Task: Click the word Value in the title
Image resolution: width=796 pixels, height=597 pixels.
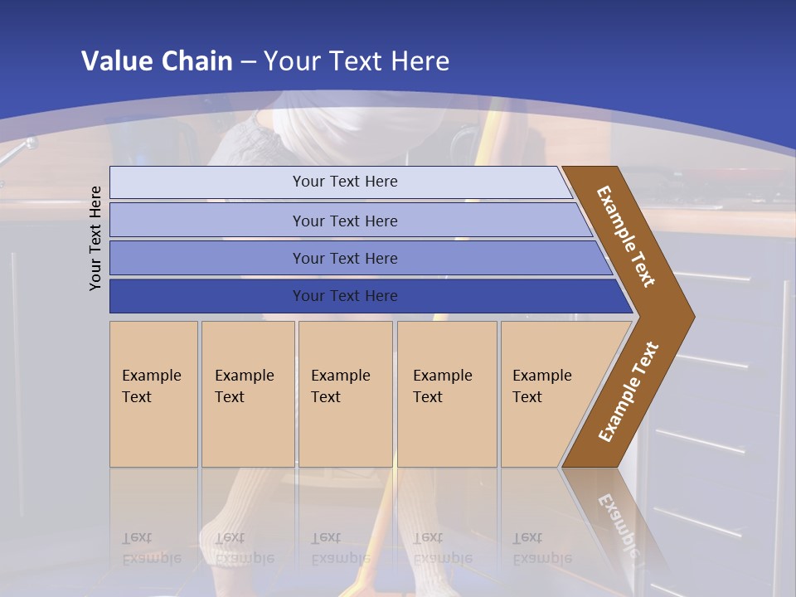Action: [115, 61]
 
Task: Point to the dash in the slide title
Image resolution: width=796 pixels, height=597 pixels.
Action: [248, 61]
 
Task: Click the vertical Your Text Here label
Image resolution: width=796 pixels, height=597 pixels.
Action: [95, 238]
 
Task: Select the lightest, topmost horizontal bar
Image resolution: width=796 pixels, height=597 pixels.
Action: [340, 182]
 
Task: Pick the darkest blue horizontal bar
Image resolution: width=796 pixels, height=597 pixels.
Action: [365, 296]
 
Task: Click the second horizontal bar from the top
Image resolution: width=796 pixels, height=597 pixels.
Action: [348, 221]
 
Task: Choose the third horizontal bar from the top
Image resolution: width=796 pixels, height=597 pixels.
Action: [357, 258]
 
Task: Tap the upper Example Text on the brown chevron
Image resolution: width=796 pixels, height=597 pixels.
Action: [626, 235]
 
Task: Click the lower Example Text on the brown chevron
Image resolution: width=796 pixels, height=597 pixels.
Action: [629, 391]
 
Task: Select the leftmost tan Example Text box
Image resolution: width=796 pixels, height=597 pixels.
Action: [153, 394]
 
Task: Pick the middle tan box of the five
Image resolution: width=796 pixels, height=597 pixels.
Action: [345, 394]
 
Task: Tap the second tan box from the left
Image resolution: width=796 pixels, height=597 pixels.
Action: [248, 394]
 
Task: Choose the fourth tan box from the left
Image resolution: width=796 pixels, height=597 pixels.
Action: [447, 394]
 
